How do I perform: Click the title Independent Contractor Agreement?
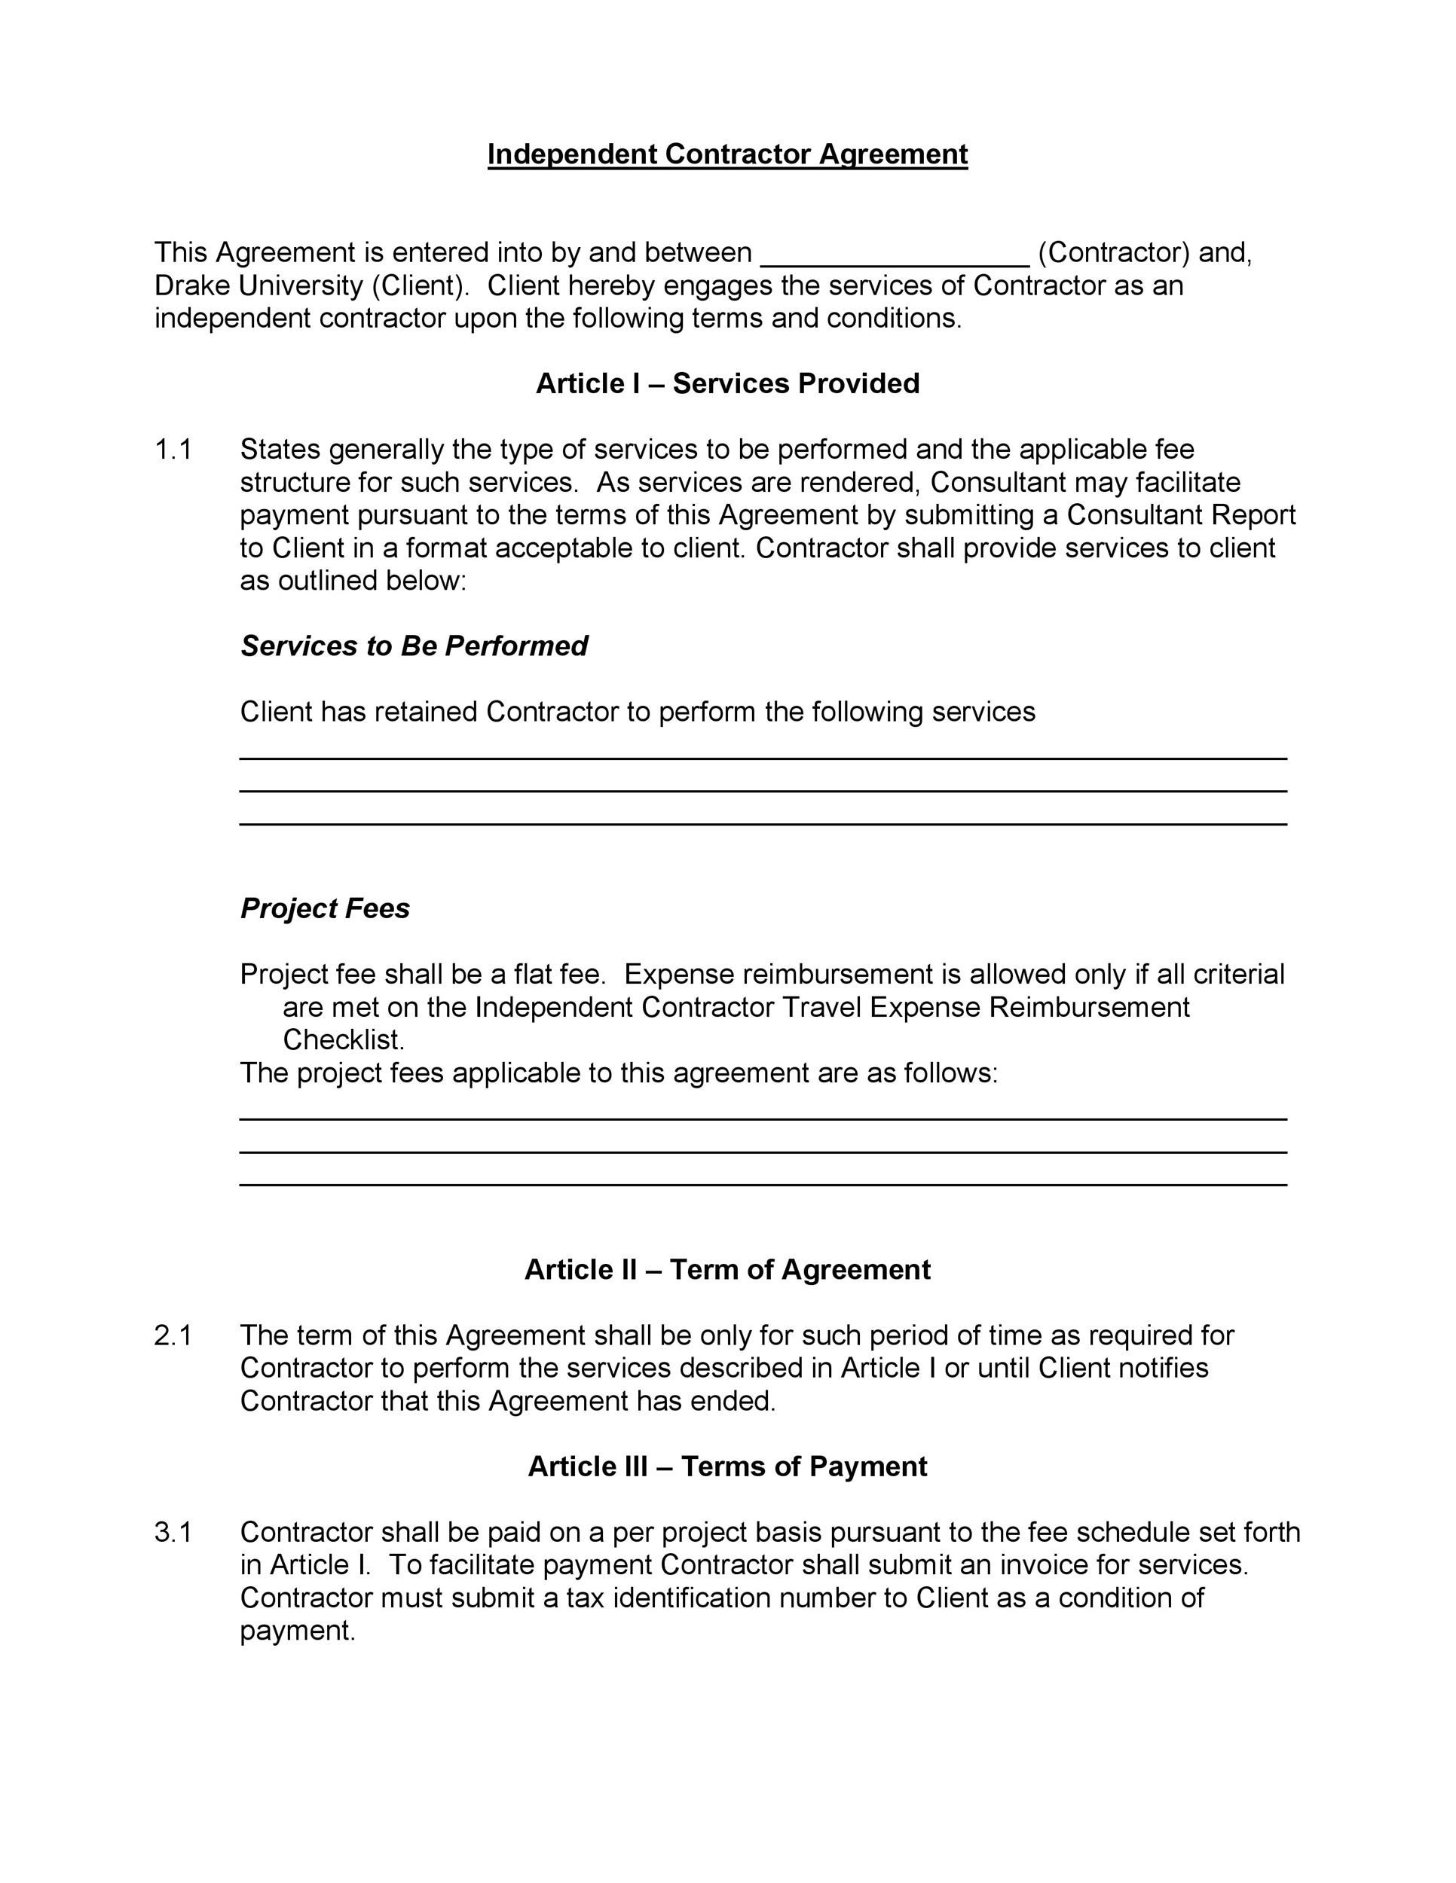[727, 154]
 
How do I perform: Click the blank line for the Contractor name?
[895, 262]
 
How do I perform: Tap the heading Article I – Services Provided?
[727, 383]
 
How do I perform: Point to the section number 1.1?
[173, 449]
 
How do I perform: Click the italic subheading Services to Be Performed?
[414, 645]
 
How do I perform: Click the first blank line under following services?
[763, 757]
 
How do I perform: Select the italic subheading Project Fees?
[325, 908]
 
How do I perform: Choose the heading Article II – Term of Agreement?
[727, 1270]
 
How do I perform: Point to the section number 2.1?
[173, 1335]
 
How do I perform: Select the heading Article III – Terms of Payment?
[727, 1466]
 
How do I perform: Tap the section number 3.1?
[173, 1532]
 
